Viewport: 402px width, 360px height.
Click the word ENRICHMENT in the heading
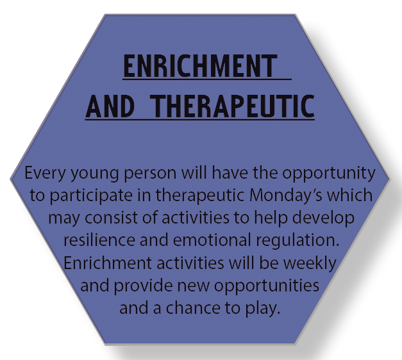point(200,66)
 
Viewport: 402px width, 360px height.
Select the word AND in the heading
point(110,106)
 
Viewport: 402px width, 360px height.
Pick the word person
point(150,174)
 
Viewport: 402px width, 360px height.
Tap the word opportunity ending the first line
point(329,174)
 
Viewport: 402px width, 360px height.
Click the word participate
point(91,196)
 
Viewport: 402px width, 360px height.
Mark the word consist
point(111,218)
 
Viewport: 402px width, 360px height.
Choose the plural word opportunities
point(267,286)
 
